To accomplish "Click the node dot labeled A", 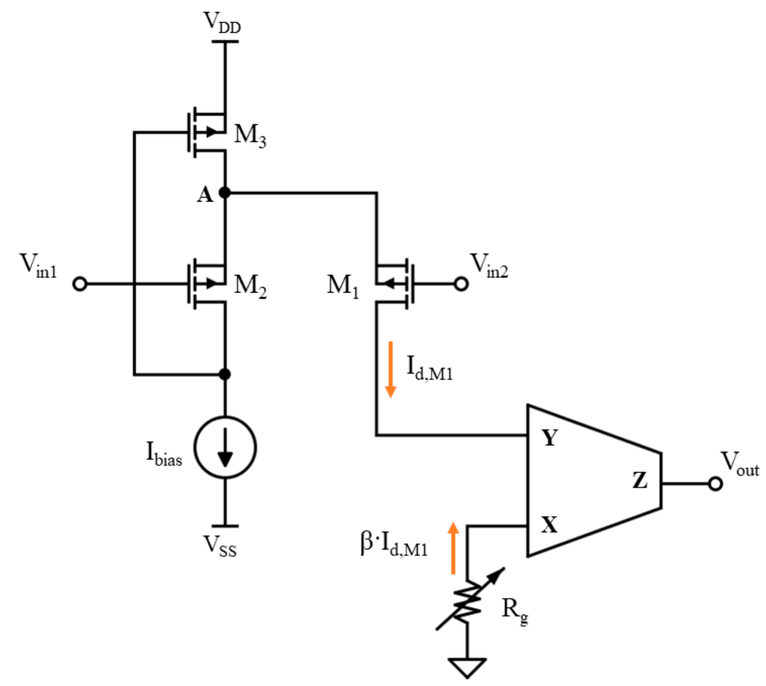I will pyautogui.click(x=225, y=193).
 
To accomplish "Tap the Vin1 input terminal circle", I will pyautogui.click(x=80, y=284).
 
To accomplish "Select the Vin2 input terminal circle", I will pyautogui.click(x=461, y=284).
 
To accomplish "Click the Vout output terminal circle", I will pyautogui.click(x=715, y=484).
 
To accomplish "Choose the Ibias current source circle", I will pyautogui.click(x=225, y=447).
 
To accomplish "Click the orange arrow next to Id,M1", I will pyautogui.click(x=390, y=369).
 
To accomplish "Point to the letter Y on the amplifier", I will pyautogui.click(x=550, y=438).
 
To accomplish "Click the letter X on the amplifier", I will pyautogui.click(x=549, y=525).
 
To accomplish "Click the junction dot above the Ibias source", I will pyautogui.click(x=225, y=374).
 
